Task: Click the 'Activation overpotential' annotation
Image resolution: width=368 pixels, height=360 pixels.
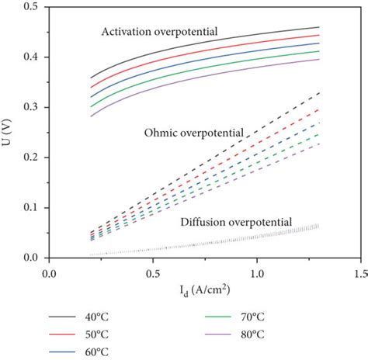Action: click(x=159, y=33)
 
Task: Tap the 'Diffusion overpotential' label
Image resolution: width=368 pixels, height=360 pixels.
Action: click(x=236, y=223)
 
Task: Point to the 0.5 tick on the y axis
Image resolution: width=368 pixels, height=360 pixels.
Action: click(x=33, y=7)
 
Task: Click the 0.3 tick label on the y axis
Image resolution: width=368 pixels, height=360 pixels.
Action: click(x=33, y=107)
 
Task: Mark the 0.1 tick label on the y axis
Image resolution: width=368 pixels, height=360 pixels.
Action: click(x=33, y=207)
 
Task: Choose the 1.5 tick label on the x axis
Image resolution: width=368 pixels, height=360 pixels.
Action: click(x=359, y=274)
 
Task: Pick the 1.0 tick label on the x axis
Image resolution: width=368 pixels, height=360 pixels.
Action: click(x=256, y=274)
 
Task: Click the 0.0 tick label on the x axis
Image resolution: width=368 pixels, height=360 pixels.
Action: click(x=50, y=274)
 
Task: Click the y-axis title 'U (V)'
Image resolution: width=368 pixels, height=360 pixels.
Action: click(x=10, y=132)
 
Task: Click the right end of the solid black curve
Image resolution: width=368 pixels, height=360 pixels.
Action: click(x=318, y=27)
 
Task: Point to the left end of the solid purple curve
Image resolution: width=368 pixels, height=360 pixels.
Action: click(x=91, y=116)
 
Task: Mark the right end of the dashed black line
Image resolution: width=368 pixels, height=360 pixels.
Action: click(x=318, y=93)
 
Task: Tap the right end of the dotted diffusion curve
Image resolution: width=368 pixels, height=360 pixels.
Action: click(x=318, y=225)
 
